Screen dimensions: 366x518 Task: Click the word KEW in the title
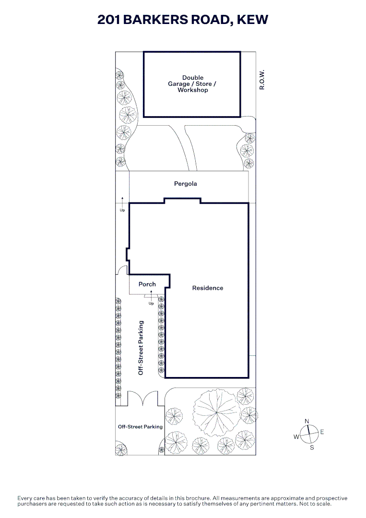pyautogui.click(x=252, y=20)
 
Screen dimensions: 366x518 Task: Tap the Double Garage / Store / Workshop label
pyautogui.click(x=192, y=84)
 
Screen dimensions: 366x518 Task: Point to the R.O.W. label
pyautogui.click(x=262, y=80)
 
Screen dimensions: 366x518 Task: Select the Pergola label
pyautogui.click(x=185, y=184)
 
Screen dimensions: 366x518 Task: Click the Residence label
pyautogui.click(x=207, y=288)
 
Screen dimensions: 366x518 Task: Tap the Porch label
pyautogui.click(x=147, y=284)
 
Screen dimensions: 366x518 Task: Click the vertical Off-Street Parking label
pyautogui.click(x=141, y=348)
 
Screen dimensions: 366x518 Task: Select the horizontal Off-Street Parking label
pyautogui.click(x=141, y=427)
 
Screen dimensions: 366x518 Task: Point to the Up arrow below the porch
pyautogui.click(x=151, y=295)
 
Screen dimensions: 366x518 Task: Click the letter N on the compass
pyautogui.click(x=307, y=421)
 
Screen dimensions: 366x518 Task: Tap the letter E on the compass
pyautogui.click(x=322, y=432)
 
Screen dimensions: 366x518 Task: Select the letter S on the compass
pyautogui.click(x=312, y=447)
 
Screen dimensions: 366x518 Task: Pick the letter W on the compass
pyautogui.click(x=296, y=437)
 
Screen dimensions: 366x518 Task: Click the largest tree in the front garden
pyautogui.click(x=216, y=412)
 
